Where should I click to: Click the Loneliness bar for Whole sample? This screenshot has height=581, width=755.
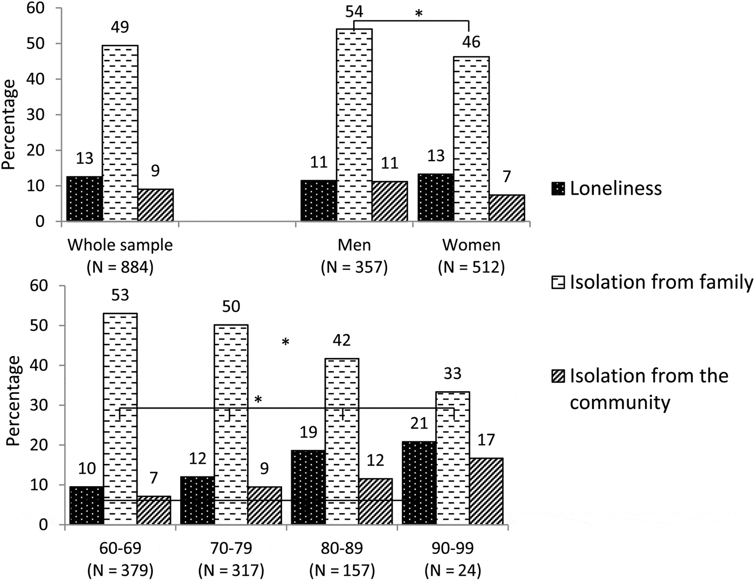point(84,198)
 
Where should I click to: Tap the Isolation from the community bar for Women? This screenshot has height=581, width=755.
point(507,207)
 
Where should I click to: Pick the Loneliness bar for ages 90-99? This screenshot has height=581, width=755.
point(419,483)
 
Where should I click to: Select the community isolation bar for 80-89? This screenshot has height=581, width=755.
point(375,501)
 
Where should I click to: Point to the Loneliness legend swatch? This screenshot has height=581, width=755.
point(558,189)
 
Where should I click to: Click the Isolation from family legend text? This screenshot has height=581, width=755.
point(661,282)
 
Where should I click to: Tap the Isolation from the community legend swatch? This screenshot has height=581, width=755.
point(558,376)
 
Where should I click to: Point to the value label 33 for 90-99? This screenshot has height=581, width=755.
point(452,373)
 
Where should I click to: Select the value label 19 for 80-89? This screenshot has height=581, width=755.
point(308,432)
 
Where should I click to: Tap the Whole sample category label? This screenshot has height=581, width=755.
point(120,245)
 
